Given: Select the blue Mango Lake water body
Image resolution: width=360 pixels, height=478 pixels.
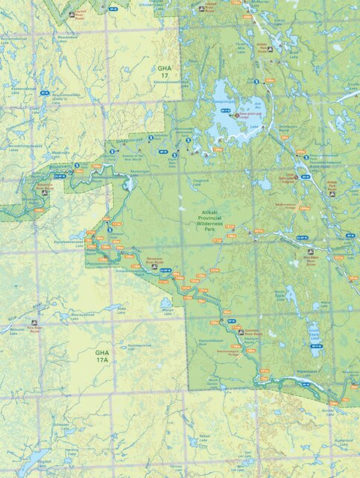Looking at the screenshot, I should click(165, 303).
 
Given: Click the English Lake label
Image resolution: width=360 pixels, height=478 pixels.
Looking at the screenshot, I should click(45, 464).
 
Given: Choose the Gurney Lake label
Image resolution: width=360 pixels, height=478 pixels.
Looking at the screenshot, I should click(327, 410).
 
